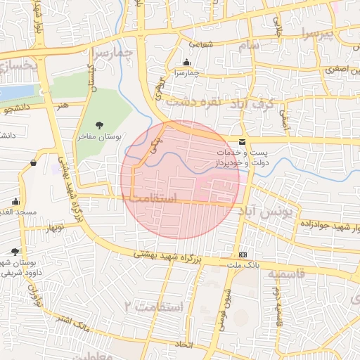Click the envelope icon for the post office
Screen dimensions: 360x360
(x=243, y=142)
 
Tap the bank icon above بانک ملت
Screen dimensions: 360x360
(x=243, y=255)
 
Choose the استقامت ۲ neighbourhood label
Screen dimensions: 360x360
(x=153, y=307)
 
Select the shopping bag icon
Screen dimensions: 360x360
(x=33, y=163)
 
